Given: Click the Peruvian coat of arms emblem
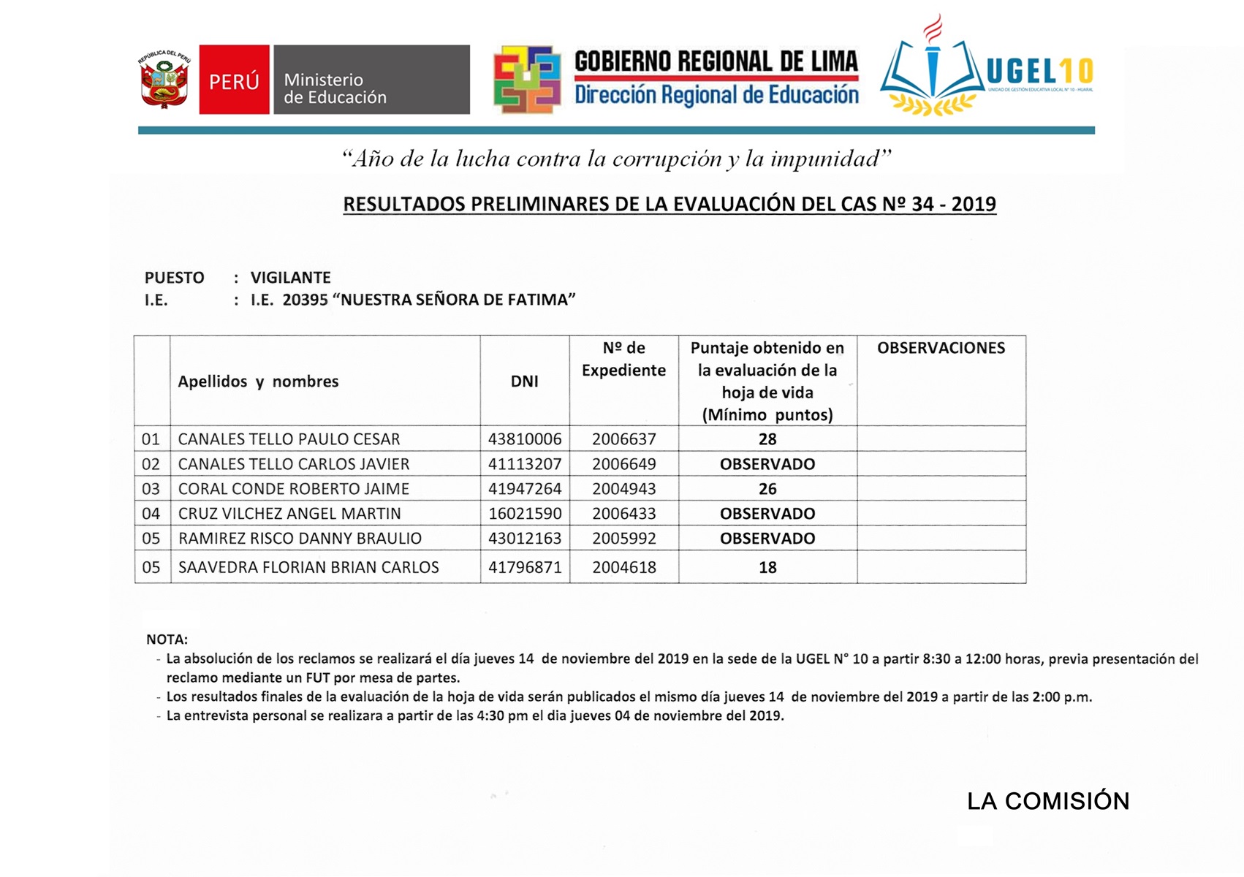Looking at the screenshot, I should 165,80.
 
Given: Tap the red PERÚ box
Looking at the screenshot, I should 234,80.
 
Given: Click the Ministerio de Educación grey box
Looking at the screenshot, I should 371,80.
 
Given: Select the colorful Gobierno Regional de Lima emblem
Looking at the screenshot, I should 527,80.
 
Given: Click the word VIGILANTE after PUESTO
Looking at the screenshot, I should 290,278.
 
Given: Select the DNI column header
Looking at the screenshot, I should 524,381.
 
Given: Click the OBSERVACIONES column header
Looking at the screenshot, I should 941,349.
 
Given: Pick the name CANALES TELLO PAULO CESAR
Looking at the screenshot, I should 289,439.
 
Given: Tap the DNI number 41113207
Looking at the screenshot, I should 525,464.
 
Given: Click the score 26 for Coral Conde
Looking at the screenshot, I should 767,489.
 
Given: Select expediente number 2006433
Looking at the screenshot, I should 623,514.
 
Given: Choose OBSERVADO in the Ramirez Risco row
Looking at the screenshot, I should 767,539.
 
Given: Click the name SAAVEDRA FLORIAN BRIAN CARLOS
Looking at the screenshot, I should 308,568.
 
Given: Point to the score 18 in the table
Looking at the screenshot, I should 767,568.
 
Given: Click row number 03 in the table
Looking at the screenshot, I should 151,489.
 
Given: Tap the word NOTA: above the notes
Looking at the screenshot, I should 167,639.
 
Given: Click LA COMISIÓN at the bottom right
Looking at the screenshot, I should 1048,802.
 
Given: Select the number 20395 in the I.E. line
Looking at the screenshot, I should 305,300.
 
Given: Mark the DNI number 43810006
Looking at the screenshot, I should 525,439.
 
